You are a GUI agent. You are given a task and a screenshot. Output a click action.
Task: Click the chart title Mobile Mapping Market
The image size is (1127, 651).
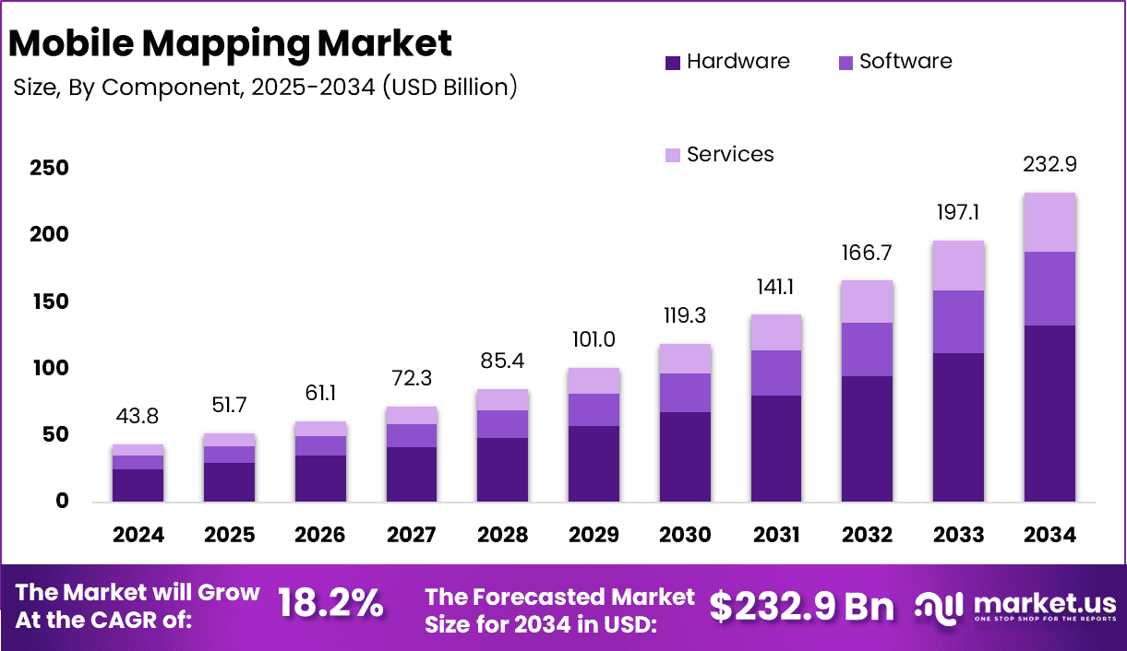(231, 43)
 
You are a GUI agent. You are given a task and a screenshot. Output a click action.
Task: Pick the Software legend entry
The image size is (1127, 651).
(894, 62)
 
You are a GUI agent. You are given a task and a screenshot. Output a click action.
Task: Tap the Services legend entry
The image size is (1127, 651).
(719, 154)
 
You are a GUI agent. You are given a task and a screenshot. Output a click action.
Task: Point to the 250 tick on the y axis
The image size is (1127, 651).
(48, 169)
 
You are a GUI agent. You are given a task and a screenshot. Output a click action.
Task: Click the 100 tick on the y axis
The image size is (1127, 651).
(48, 369)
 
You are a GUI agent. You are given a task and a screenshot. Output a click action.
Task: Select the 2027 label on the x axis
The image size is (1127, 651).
(412, 535)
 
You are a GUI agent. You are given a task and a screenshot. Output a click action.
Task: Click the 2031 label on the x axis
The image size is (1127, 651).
(776, 535)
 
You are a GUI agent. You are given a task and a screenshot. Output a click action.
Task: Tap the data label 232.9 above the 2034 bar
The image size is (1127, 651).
(1049, 165)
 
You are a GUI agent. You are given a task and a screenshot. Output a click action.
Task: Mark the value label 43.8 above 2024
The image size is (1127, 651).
(138, 417)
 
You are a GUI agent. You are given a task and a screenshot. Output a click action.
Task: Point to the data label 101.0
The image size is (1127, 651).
(593, 340)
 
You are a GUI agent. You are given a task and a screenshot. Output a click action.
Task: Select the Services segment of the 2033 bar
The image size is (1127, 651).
(958, 266)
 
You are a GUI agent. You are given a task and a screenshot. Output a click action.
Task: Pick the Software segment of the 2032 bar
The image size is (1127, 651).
(867, 349)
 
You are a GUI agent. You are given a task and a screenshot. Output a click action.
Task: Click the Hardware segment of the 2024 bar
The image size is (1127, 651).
(138, 485)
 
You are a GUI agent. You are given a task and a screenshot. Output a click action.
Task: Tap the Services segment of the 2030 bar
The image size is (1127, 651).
(685, 359)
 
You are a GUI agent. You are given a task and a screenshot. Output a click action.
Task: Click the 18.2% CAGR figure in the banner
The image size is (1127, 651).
(330, 604)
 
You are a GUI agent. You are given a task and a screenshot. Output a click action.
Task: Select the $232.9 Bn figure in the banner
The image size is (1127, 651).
(801, 606)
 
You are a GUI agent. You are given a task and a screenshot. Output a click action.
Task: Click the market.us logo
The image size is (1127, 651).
(1015, 607)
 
